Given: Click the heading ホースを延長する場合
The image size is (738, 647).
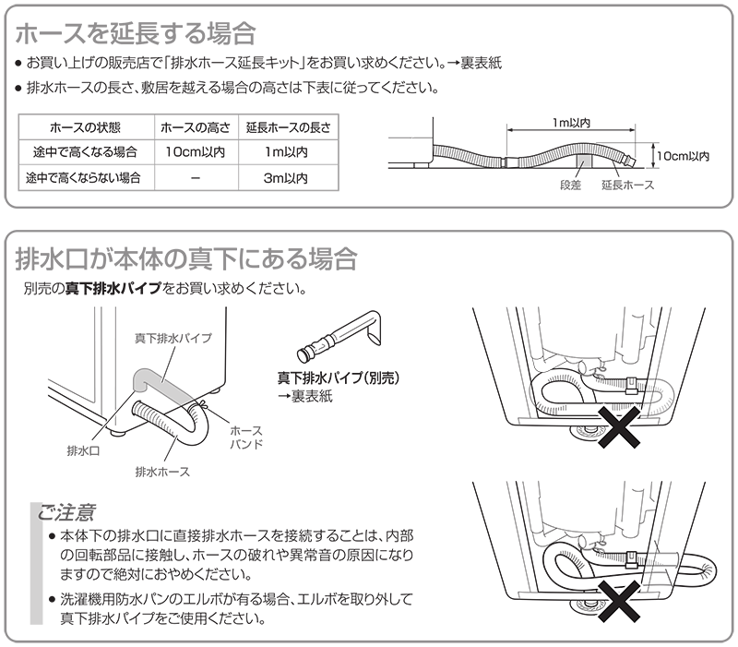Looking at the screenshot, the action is point(136,34).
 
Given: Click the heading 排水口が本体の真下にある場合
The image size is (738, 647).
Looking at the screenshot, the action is point(186,259).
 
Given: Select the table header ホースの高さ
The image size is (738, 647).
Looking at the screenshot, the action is point(196,127).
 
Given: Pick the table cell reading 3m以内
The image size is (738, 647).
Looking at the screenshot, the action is point(286,178).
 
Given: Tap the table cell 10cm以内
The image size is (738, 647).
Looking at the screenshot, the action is point(196,152).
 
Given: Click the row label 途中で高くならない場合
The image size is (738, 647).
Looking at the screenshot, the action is point(83,178).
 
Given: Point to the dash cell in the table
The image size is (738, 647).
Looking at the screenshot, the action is point(196,178).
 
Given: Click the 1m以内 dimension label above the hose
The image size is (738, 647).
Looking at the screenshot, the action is point(571,123).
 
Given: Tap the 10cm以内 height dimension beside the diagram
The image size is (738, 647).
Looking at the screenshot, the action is point(683,156).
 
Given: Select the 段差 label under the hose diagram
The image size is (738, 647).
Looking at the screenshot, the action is point(570,185).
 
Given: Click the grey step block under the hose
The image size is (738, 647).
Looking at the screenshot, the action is point(585,161).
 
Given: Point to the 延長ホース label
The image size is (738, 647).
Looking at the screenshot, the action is point(628,185).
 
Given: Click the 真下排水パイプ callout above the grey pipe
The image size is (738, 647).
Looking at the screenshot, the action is point(173,338).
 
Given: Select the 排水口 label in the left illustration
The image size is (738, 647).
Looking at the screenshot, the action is point(83,450).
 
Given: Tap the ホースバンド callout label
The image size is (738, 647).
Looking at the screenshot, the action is point(246,437).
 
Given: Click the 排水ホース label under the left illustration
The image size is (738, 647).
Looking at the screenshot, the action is point(162,472).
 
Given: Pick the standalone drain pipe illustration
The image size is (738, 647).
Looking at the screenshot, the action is point(339,335).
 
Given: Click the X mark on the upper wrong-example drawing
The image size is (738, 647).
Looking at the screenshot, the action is point(619,427).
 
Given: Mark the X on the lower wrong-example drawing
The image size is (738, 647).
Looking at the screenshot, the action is point(619,601).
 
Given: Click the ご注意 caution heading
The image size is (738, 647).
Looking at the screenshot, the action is point(66,512).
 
